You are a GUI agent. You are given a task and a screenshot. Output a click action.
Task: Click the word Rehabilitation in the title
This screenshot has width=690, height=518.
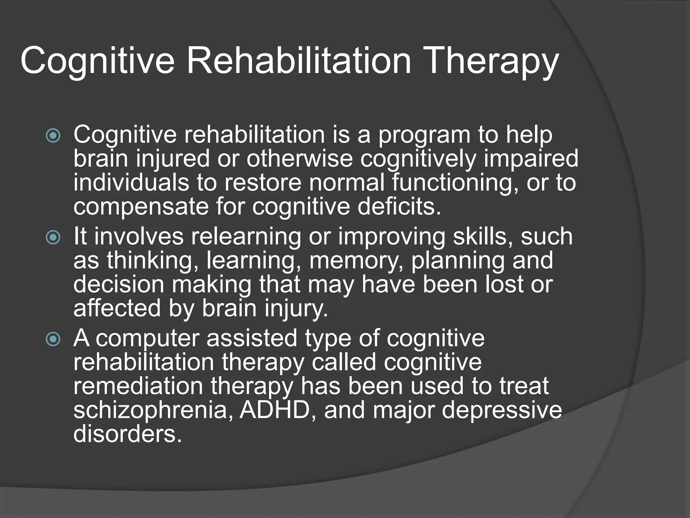coord(299,61)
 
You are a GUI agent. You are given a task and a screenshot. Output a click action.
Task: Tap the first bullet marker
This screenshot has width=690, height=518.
coord(53,136)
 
